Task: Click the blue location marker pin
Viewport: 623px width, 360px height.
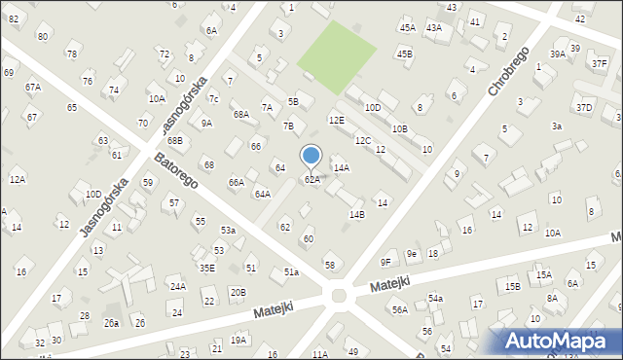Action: (311, 156)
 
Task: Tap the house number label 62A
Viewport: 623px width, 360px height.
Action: (312, 180)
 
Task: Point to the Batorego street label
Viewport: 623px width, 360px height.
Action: (175, 170)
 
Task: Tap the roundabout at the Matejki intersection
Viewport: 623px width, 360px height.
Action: (339, 295)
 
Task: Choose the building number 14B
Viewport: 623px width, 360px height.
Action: (357, 215)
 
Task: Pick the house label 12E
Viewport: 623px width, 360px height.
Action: (336, 120)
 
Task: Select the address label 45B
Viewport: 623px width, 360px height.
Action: (405, 54)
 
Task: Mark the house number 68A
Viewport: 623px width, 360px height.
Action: (240, 115)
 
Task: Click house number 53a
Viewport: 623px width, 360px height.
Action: (228, 231)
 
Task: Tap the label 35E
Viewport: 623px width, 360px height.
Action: (206, 268)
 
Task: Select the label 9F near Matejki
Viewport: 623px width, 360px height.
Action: (385, 262)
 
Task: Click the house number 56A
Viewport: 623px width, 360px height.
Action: (399, 309)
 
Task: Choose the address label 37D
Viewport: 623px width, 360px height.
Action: (583, 108)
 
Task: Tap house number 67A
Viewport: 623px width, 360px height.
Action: (33, 88)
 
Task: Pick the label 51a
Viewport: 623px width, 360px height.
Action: (291, 272)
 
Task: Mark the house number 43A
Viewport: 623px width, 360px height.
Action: (434, 28)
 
